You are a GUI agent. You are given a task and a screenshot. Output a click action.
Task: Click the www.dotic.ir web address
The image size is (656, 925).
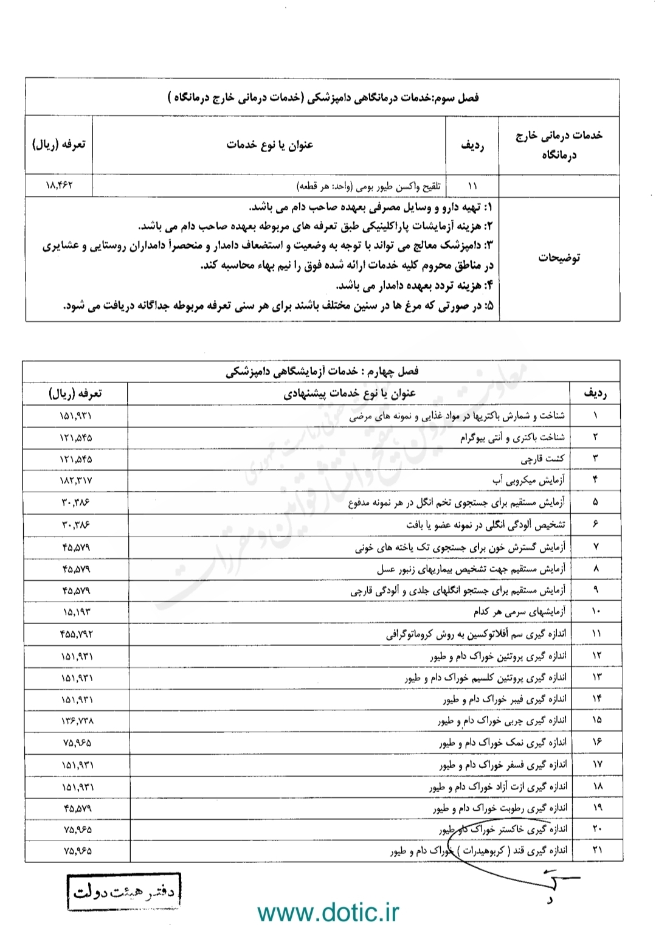[x=328, y=912]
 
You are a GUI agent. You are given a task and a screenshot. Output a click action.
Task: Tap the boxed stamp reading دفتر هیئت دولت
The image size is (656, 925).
[x=124, y=892]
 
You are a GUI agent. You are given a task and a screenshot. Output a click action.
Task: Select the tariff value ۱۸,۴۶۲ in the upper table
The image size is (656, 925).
[x=59, y=185]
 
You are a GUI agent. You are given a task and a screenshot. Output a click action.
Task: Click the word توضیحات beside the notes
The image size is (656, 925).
[x=559, y=257]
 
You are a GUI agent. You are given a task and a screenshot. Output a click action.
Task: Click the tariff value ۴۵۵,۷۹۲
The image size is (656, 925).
[x=77, y=634]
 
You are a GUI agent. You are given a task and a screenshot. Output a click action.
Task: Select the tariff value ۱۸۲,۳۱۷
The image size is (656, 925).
[x=77, y=480]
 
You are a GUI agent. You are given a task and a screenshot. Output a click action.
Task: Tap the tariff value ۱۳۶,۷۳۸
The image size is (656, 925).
[x=77, y=721]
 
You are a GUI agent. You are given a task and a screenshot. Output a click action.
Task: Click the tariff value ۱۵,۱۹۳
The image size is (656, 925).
[x=77, y=611]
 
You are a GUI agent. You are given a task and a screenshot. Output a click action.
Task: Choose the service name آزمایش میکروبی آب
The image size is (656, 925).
[x=528, y=480]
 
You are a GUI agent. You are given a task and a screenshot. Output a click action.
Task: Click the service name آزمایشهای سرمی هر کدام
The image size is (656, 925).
[x=519, y=611]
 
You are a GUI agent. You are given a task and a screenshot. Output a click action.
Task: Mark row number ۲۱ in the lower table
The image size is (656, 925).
[x=596, y=850]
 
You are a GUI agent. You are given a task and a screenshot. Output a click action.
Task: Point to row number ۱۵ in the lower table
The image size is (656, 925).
[x=596, y=720]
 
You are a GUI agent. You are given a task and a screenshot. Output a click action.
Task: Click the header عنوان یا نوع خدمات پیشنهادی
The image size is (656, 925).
[x=350, y=393]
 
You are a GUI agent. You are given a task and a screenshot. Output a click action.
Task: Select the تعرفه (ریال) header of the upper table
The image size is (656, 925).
[x=59, y=145]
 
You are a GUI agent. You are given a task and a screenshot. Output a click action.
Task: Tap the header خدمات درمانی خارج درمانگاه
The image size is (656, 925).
[x=559, y=145]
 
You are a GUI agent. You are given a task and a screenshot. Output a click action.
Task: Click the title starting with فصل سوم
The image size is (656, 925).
[x=323, y=97]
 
